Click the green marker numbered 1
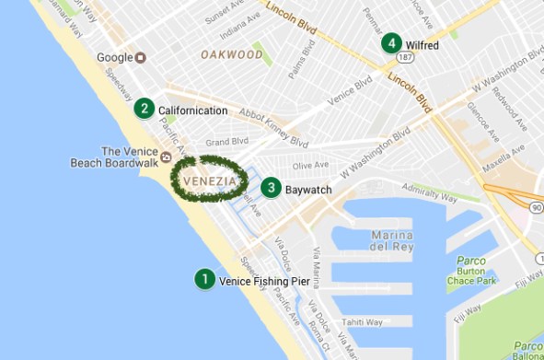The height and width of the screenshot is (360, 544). click(203, 279)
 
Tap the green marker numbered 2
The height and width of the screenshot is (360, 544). click(144, 110)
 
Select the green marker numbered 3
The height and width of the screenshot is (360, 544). click(271, 188)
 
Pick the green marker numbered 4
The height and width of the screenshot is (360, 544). click(392, 43)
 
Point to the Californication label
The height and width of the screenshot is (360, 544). click(192, 110)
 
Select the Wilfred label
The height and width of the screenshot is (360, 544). click(422, 44)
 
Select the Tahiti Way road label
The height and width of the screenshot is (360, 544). click(362, 322)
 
